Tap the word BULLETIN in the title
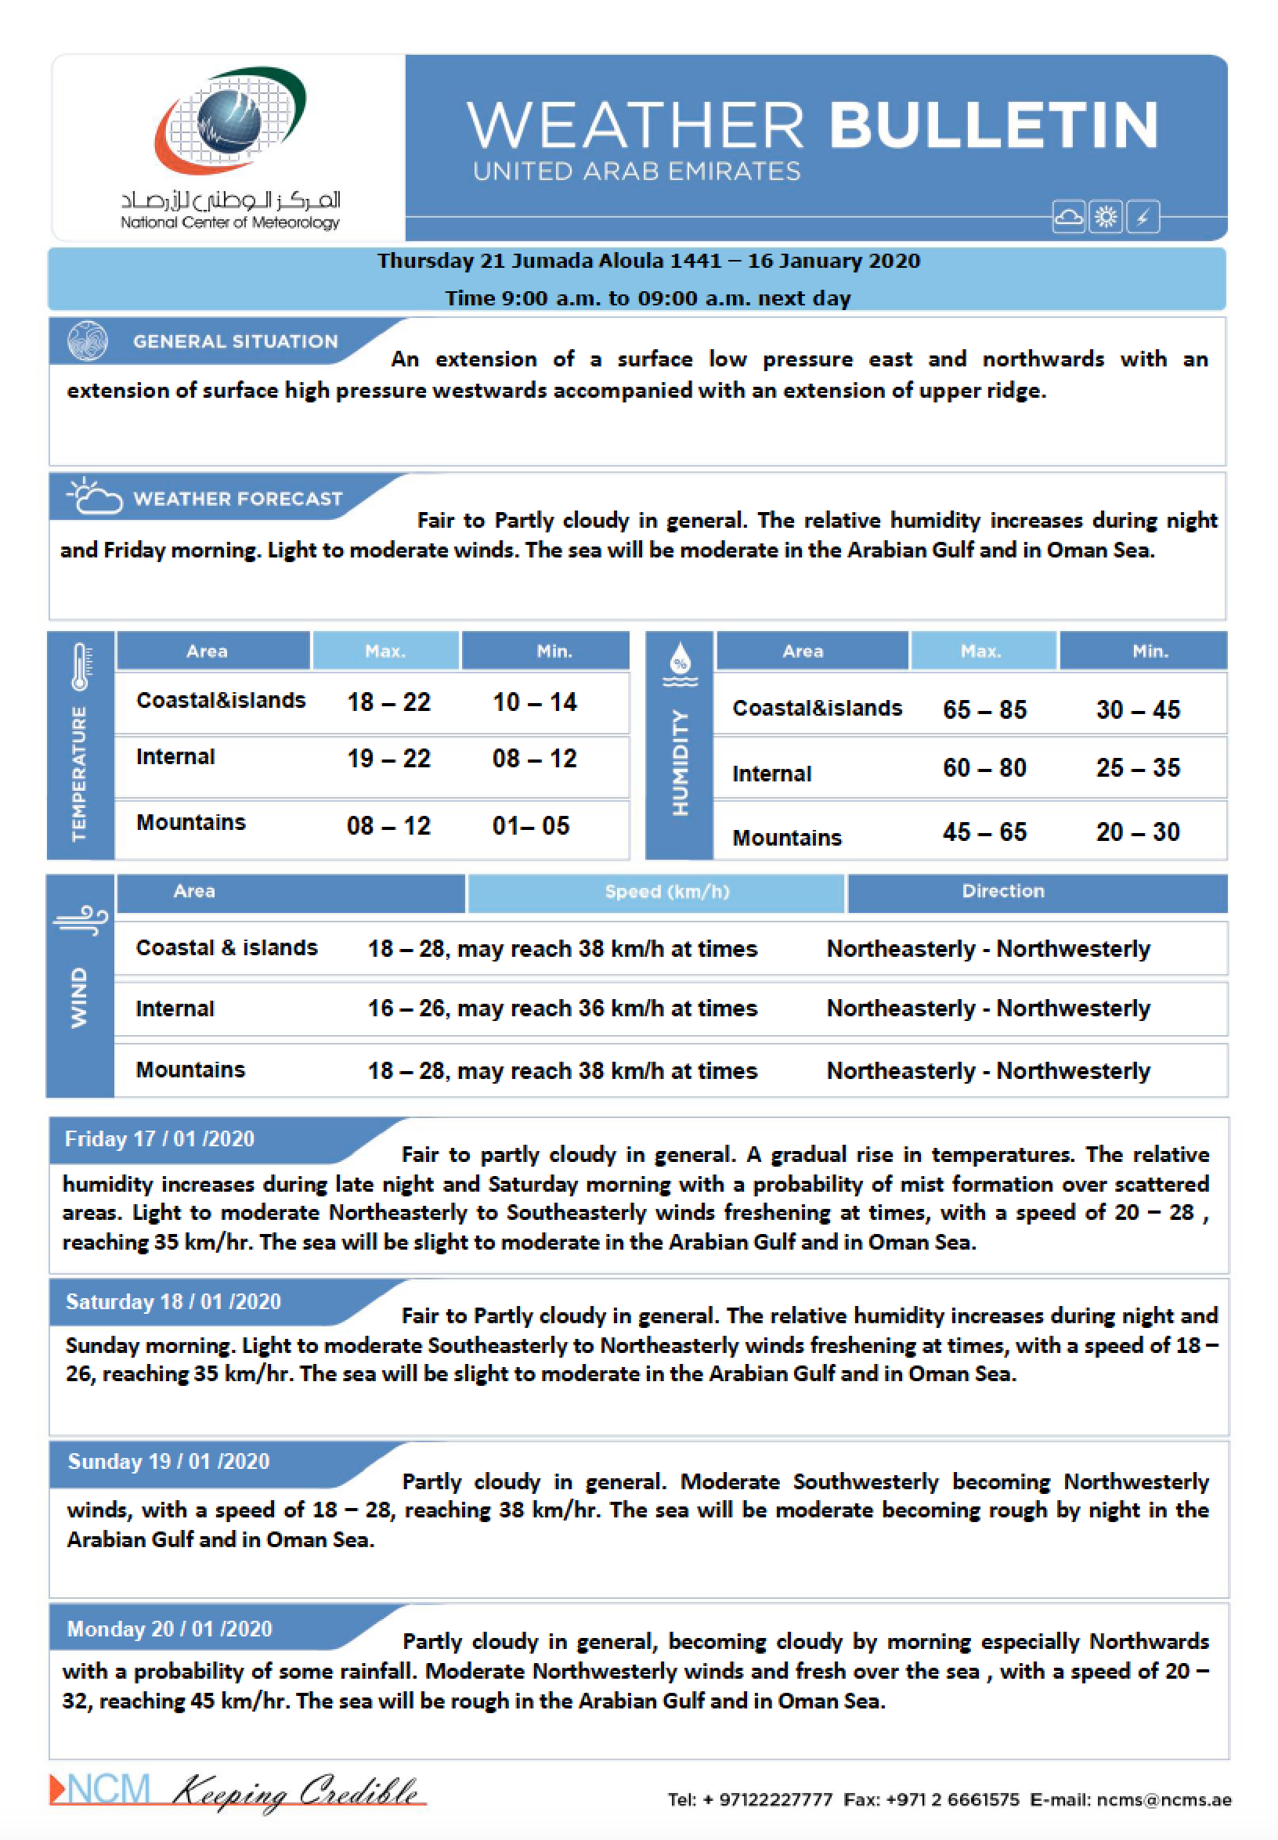pos(994,126)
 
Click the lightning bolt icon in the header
pos(1143,217)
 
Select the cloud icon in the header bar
pos(1068,217)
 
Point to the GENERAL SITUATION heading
pos(236,342)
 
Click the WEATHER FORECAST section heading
pos(238,499)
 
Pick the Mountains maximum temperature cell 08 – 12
pos(388,825)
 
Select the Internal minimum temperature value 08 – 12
pos(534,758)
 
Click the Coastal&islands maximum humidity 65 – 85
pos(984,709)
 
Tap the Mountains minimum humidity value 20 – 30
pos(1138,832)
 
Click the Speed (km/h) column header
pos(667,892)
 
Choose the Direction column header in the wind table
pos(1002,891)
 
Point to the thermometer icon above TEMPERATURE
pos(80,666)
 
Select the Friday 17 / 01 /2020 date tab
pos(159,1138)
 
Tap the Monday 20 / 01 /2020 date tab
pos(170,1629)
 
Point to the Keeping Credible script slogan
pos(296,1791)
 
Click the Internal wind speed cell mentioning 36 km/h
pos(562,1008)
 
